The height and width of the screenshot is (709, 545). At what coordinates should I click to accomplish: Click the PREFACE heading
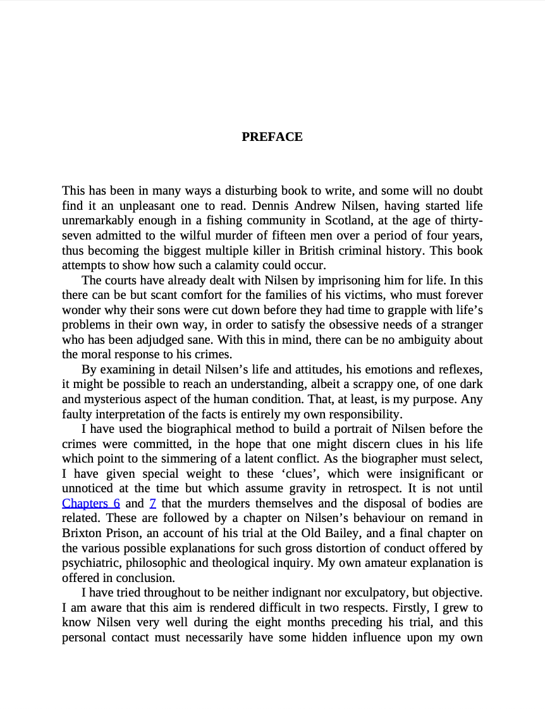pyautogui.click(x=272, y=137)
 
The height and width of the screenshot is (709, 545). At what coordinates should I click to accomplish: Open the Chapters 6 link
pyautogui.click(x=91, y=504)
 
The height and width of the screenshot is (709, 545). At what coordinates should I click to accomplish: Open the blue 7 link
pyautogui.click(x=153, y=504)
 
